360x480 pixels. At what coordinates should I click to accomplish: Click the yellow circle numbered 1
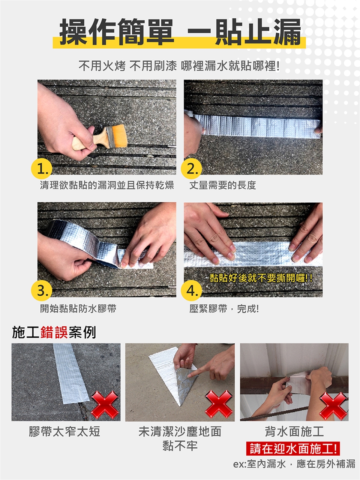click(42, 169)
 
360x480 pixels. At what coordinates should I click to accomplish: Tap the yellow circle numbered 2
click(191, 169)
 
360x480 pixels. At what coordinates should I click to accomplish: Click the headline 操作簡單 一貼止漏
click(180, 32)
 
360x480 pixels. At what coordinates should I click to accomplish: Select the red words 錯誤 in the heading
click(54, 332)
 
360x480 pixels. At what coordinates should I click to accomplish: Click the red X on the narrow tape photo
click(105, 405)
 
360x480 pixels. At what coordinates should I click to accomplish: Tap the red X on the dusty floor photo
click(219, 404)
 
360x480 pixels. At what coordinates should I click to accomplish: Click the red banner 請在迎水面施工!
click(293, 448)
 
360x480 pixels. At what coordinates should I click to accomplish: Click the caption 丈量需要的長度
click(223, 185)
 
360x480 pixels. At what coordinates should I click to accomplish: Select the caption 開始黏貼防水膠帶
click(78, 308)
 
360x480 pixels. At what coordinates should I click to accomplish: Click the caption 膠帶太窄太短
click(64, 431)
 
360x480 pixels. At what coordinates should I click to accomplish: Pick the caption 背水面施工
click(294, 431)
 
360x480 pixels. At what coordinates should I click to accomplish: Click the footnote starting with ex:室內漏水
click(294, 464)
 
